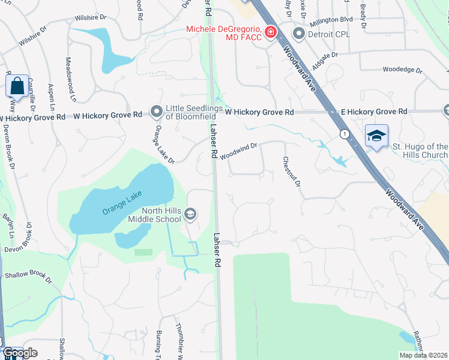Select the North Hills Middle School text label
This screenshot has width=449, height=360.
(154, 215)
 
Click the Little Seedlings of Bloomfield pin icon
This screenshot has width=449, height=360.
(157, 112)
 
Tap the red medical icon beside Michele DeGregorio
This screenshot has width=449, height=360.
(271, 31)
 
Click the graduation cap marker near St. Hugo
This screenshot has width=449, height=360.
(376, 136)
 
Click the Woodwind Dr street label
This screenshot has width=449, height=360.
(238, 150)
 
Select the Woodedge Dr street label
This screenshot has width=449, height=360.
(403, 70)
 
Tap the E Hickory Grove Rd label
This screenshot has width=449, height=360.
(374, 112)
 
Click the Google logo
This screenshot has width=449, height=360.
(20, 353)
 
